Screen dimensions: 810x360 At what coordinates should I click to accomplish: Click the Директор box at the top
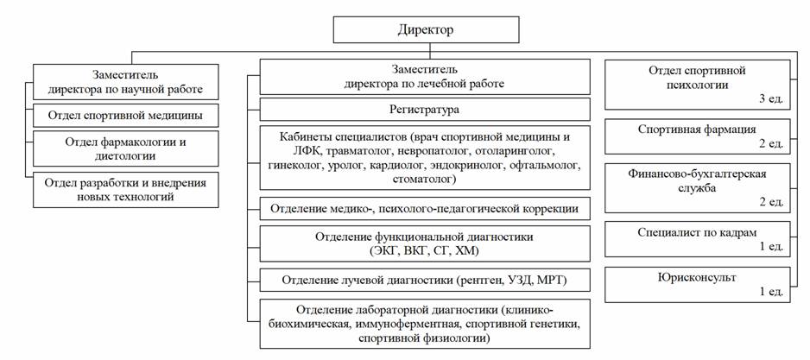pos(427,29)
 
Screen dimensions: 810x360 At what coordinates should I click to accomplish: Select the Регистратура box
pos(425,110)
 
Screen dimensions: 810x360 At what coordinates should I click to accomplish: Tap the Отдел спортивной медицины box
pos(125,115)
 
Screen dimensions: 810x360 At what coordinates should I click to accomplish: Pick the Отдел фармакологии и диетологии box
pos(125,148)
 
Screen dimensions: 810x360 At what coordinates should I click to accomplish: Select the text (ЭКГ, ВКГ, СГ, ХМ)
pos(425,251)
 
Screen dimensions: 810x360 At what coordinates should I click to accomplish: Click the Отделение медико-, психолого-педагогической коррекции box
pos(425,209)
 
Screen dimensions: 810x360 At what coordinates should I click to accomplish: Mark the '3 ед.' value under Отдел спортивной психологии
pos(771,99)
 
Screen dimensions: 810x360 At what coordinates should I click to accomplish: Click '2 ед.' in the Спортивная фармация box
pos(771,143)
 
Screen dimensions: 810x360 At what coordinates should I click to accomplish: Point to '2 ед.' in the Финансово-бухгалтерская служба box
pos(771,202)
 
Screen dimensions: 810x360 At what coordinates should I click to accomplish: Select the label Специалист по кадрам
pos(697,232)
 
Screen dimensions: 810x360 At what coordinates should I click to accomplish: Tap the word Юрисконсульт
pos(697,277)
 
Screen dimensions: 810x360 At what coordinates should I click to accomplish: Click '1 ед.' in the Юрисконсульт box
pos(771,291)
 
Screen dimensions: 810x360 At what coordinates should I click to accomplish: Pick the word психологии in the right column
pos(698,85)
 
